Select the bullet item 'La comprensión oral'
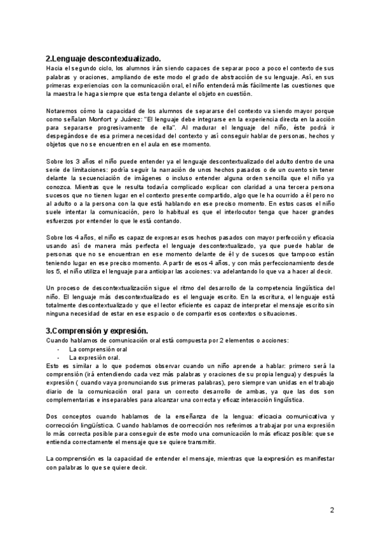[x=98, y=349]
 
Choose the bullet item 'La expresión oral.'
[x=95, y=357]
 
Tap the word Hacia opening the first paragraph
[x=55, y=67]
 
